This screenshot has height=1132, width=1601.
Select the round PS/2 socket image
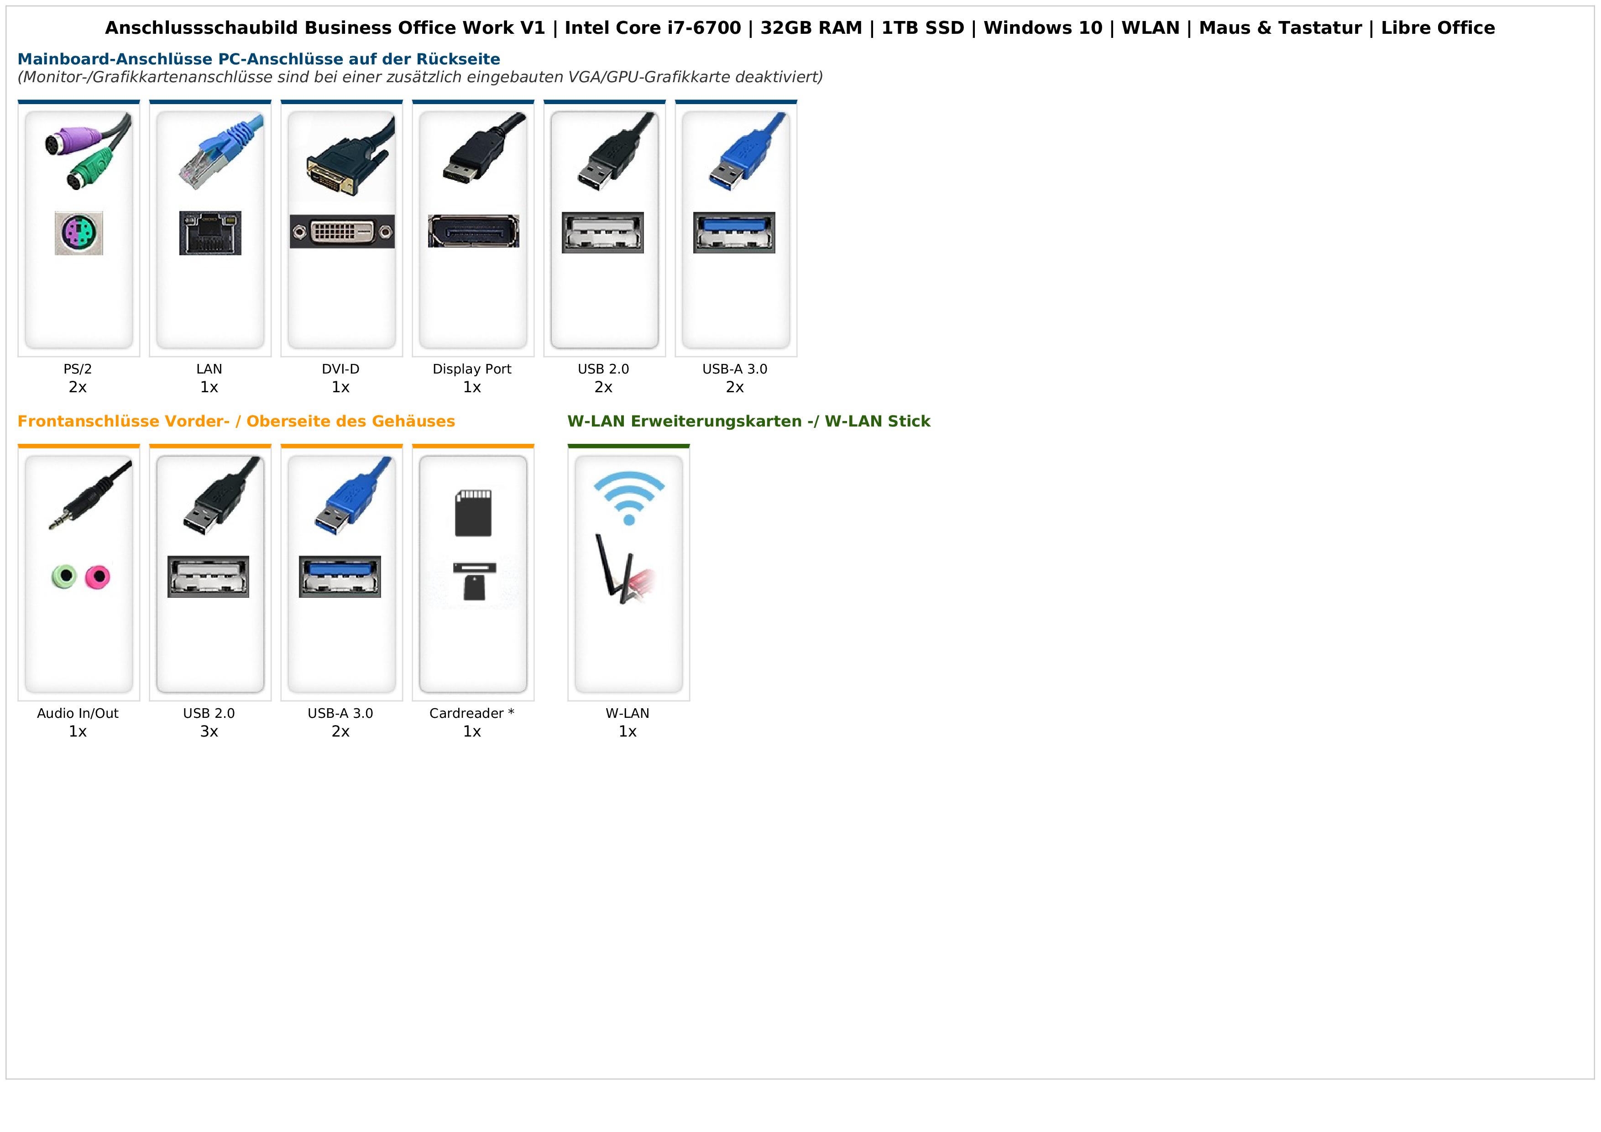click(79, 233)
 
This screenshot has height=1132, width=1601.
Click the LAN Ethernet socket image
click(210, 233)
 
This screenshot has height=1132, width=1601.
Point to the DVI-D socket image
click(342, 232)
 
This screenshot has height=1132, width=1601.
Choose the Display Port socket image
click(473, 231)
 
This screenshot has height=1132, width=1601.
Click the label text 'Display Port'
click(472, 369)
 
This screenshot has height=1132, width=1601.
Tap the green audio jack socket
click(64, 576)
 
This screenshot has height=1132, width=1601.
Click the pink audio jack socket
click(98, 577)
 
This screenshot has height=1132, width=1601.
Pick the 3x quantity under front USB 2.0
click(209, 732)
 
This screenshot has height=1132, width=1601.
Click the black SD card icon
click(473, 513)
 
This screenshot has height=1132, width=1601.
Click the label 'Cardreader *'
click(472, 714)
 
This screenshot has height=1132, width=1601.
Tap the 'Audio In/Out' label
click(78, 714)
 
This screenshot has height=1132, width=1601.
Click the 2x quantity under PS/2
click(78, 387)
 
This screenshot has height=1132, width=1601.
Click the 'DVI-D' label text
click(340, 369)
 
